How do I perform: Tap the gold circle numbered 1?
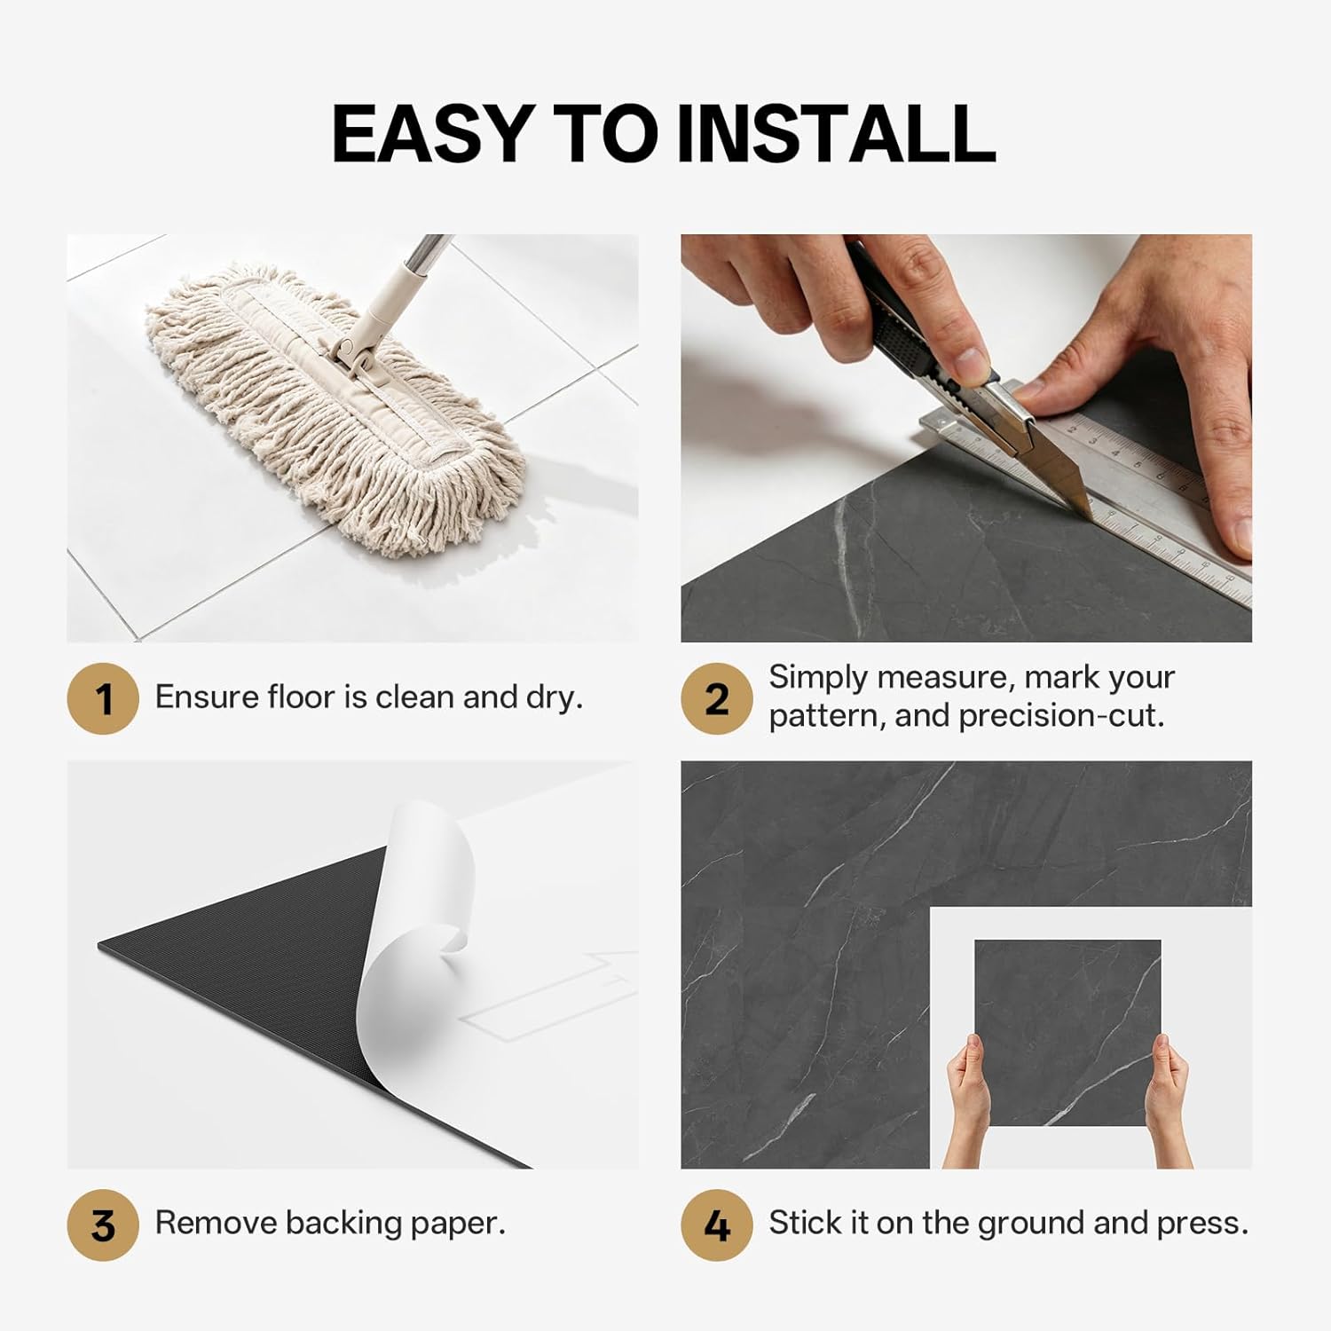103,698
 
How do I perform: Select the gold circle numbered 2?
717,698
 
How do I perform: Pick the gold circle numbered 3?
103,1225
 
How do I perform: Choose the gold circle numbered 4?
717,1225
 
